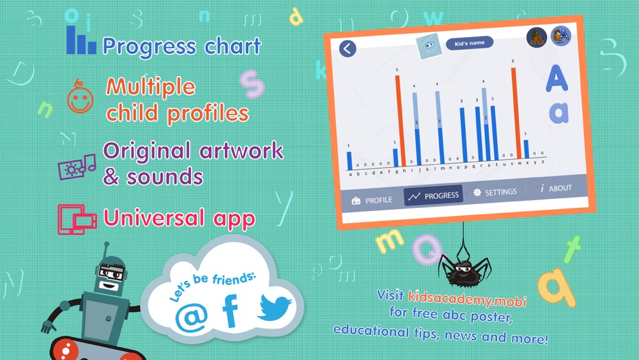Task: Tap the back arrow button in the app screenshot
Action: click(348, 49)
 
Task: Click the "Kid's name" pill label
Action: click(470, 43)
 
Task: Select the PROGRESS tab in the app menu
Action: click(433, 196)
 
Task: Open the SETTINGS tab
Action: click(495, 192)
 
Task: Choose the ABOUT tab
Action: click(556, 189)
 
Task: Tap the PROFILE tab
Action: click(372, 200)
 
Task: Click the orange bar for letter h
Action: click(400, 120)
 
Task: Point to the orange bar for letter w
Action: click(516, 113)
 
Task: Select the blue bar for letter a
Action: click(350, 160)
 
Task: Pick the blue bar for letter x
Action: click(526, 149)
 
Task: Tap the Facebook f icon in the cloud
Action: click(231, 311)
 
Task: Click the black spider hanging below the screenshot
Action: click(464, 269)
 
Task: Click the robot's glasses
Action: click(110, 273)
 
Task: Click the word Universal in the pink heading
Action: click(153, 217)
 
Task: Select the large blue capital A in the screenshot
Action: click(557, 78)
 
